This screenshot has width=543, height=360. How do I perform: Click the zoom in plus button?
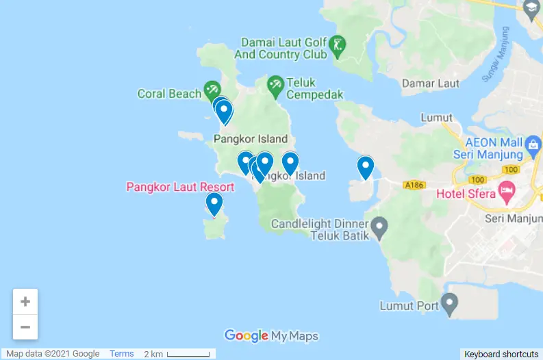click(x=25, y=302)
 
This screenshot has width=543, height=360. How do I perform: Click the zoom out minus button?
click(x=25, y=327)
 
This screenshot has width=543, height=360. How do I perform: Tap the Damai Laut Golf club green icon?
click(x=338, y=46)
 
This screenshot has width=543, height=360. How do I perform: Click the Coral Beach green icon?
click(x=212, y=90)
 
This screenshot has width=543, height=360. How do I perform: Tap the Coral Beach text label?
click(x=169, y=94)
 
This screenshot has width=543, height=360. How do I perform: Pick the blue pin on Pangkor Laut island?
click(x=214, y=203)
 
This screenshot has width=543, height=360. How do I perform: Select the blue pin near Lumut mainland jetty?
click(x=366, y=166)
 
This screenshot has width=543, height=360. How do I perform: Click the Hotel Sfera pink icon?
click(x=507, y=190)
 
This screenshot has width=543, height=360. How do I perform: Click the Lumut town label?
click(x=436, y=118)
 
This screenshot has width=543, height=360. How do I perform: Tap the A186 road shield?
click(x=414, y=185)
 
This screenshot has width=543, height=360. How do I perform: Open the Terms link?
click(x=122, y=354)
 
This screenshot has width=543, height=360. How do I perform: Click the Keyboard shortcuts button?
click(x=501, y=354)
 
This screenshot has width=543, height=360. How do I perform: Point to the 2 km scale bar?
click(x=188, y=355)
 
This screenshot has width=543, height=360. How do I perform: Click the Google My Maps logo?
click(x=271, y=335)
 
